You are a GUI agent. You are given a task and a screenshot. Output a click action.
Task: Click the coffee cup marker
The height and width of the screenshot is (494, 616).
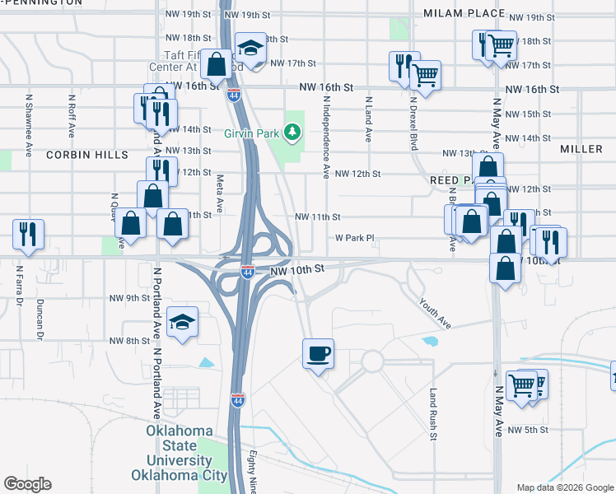318,355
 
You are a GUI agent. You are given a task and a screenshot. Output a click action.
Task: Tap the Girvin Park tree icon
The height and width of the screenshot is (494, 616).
291,131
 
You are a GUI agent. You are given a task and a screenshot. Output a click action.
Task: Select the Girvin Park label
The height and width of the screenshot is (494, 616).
252,132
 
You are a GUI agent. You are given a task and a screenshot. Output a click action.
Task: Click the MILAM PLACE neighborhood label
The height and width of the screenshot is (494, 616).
463,13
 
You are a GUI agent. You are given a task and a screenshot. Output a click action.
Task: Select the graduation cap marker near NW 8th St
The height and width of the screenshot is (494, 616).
182,322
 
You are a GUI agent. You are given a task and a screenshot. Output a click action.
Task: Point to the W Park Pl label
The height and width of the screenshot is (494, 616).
354,238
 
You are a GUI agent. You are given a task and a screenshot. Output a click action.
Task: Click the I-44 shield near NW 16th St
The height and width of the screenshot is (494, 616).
234,95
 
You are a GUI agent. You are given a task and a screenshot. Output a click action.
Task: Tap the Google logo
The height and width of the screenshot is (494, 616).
27,484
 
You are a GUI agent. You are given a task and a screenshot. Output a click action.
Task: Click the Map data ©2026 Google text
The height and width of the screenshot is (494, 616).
563,487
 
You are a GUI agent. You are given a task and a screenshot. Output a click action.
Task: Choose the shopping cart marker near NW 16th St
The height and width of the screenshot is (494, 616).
426,75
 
